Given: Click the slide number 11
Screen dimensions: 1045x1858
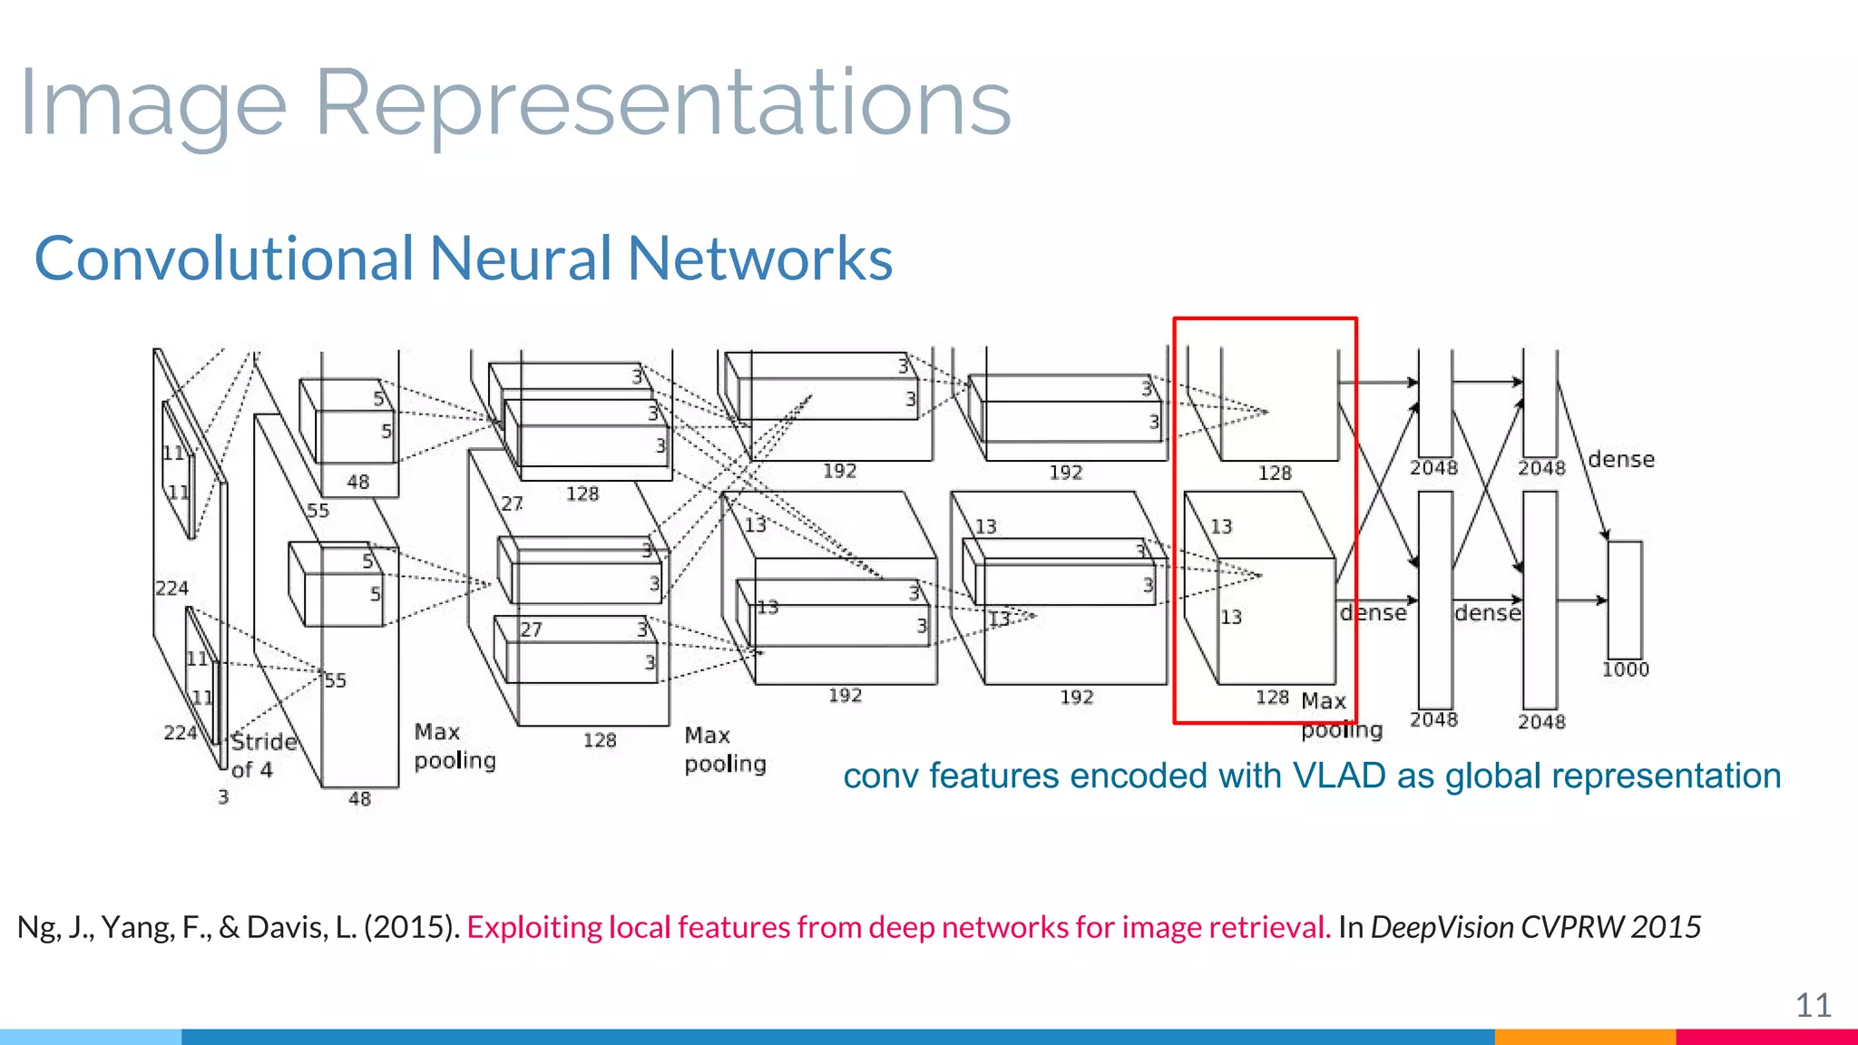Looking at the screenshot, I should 1813,1005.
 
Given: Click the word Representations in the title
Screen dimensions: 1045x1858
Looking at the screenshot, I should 662,103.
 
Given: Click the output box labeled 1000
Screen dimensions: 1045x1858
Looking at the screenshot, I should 1624,600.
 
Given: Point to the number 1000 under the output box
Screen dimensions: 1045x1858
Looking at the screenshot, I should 1625,669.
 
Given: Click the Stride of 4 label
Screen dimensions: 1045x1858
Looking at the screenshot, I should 263,756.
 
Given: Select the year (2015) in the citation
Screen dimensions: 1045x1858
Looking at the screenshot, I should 412,927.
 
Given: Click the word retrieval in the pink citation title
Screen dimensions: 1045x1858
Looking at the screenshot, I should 1269,927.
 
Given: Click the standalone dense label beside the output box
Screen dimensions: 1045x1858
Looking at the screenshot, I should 1621,460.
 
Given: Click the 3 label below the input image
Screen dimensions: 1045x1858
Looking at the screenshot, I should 223,797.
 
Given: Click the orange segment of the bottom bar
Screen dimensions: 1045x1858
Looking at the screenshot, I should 1584,1037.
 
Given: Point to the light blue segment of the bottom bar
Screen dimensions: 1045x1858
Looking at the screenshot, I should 91,1037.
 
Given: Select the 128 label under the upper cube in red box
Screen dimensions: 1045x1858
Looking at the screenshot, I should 1274,473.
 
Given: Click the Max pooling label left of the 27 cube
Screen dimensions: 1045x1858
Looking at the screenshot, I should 455,746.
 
